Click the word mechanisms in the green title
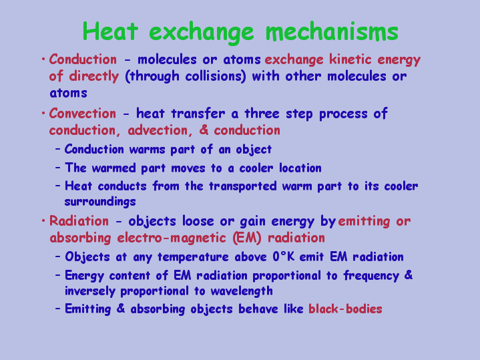click(332, 31)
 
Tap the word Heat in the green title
click(110, 31)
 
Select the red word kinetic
click(350, 59)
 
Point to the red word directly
click(93, 76)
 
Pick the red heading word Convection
click(83, 114)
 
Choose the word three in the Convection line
click(262, 114)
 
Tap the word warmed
click(113, 168)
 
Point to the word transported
click(243, 186)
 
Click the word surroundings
click(100, 202)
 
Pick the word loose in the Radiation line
click(198, 221)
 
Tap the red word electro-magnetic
click(172, 238)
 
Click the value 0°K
click(284, 256)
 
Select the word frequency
click(371, 276)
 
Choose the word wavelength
click(242, 291)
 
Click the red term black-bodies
click(345, 309)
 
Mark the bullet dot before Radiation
click(43, 220)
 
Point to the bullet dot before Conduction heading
click(43, 59)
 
